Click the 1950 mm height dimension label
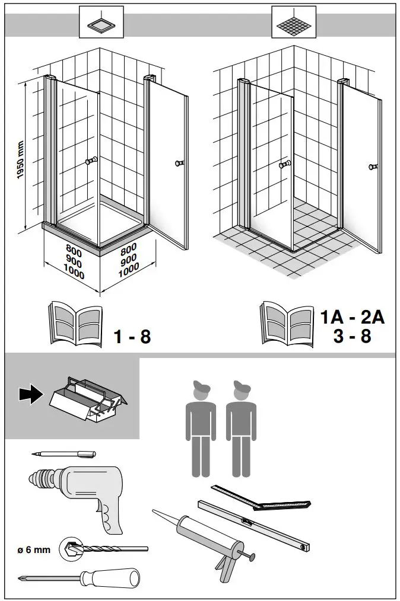click(20, 161)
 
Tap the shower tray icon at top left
click(101, 23)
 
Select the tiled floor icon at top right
click(293, 23)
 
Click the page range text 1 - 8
click(132, 337)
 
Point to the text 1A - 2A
click(353, 317)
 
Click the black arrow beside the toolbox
click(28, 394)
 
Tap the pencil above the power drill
click(64, 453)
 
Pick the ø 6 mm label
click(33, 549)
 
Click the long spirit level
click(256, 522)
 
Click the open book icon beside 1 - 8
click(74, 324)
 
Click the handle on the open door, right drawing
click(373, 167)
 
